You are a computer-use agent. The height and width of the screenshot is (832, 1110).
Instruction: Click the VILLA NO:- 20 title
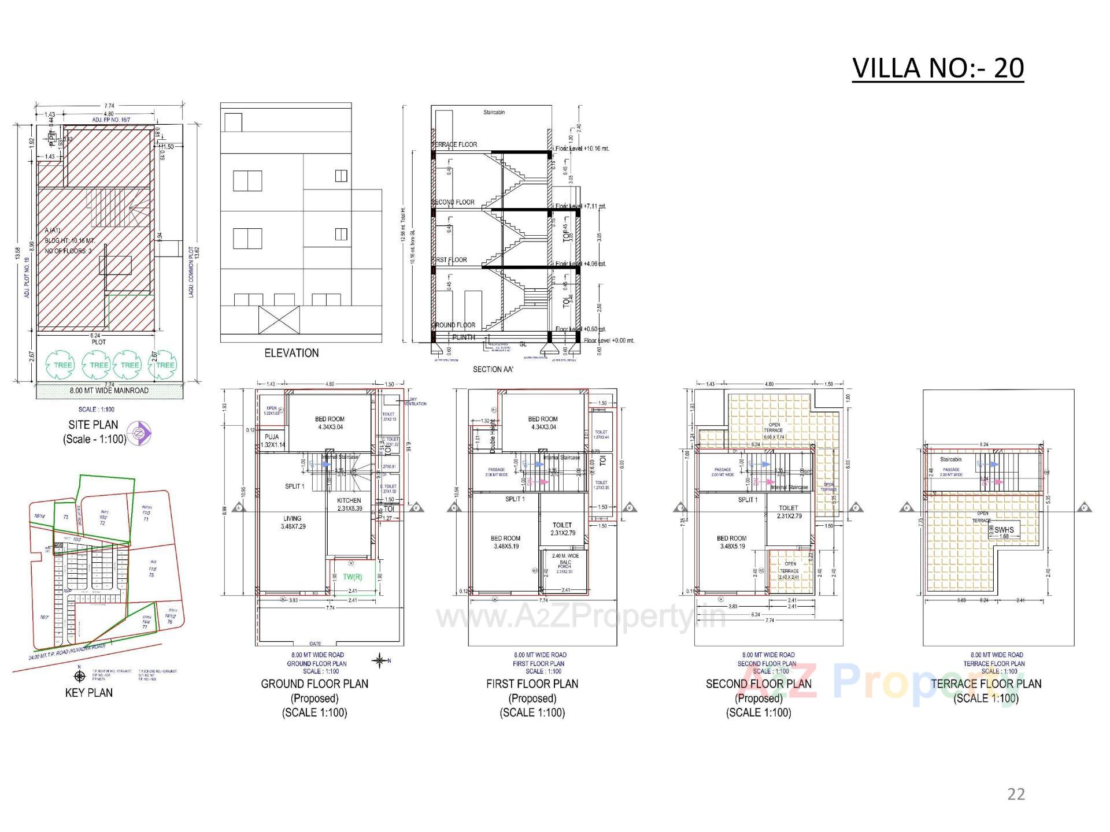click(x=938, y=68)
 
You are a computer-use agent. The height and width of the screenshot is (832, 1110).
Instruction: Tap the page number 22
click(x=1016, y=794)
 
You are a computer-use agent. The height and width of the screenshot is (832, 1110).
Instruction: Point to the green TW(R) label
click(x=353, y=577)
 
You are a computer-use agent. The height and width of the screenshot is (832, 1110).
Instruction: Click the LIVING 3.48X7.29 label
click(x=293, y=522)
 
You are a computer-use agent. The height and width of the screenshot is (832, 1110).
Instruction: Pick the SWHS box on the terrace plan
click(x=1004, y=530)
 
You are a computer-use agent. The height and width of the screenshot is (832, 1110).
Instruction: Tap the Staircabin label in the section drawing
click(x=494, y=112)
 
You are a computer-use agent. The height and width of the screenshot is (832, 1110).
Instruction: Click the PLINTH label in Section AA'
click(x=464, y=337)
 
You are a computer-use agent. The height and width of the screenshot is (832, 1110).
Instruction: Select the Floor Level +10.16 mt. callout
click(x=582, y=148)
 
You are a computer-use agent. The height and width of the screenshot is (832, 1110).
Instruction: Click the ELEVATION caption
click(x=291, y=352)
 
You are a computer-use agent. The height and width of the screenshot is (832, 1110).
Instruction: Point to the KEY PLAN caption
click(x=89, y=692)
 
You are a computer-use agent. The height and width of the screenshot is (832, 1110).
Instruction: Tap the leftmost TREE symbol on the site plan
click(x=62, y=365)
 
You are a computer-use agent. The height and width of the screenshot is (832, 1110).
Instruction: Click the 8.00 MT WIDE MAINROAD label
click(x=109, y=391)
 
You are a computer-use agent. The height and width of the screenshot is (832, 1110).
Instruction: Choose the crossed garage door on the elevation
click(x=279, y=320)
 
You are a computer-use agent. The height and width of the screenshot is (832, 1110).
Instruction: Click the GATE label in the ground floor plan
click(x=315, y=643)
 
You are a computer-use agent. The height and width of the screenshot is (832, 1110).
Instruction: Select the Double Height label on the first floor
click(x=493, y=435)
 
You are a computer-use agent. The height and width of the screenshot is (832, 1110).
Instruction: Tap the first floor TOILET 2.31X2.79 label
click(x=562, y=529)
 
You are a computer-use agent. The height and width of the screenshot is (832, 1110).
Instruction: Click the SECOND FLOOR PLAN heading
click(x=758, y=684)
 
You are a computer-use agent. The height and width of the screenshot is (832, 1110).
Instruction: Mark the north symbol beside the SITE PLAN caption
click(x=139, y=432)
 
